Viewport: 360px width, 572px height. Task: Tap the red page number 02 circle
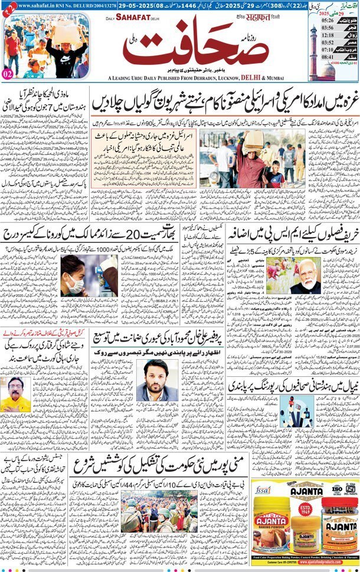pos(8,74)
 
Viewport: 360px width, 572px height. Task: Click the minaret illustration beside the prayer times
pos(313,44)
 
